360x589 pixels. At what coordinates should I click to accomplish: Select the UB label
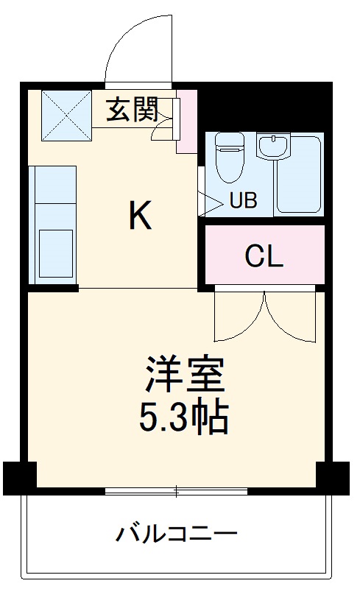[x=243, y=201]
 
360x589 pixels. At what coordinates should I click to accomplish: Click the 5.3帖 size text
[x=184, y=417]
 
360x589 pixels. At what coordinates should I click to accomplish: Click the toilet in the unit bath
[x=228, y=157]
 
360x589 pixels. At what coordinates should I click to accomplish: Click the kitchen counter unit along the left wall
[x=53, y=224]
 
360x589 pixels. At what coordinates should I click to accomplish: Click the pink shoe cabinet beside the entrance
[x=187, y=121]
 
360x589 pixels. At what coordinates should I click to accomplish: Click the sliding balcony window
[x=176, y=490]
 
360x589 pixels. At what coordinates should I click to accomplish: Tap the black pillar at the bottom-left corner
[x=18, y=477]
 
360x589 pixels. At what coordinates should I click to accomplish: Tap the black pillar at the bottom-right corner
[x=333, y=477]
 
